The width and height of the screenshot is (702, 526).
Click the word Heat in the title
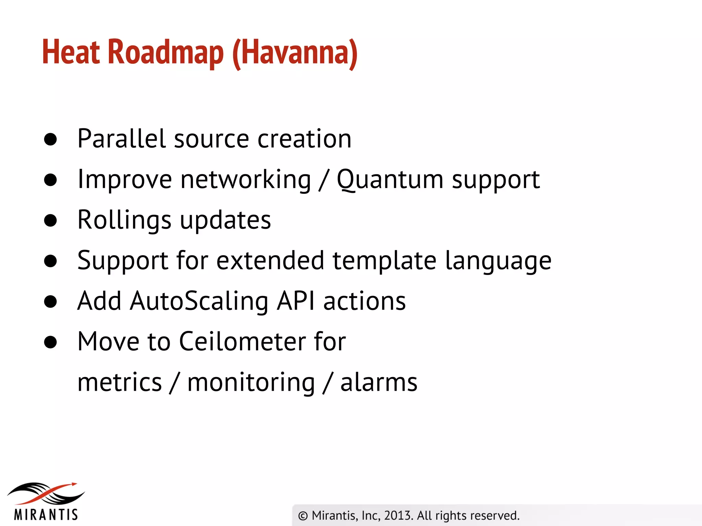point(71,52)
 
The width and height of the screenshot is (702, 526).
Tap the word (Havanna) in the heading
point(295,53)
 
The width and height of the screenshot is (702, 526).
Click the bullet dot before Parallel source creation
point(50,139)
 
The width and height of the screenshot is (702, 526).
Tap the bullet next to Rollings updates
point(50,221)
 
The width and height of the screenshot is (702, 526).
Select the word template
point(384,260)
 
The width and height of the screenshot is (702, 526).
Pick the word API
point(295,301)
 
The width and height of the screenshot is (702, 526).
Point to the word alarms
point(379,382)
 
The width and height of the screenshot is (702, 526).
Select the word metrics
point(119,382)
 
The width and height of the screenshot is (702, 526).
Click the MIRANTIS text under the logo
point(46,515)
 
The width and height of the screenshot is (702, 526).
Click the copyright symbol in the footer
point(303,516)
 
